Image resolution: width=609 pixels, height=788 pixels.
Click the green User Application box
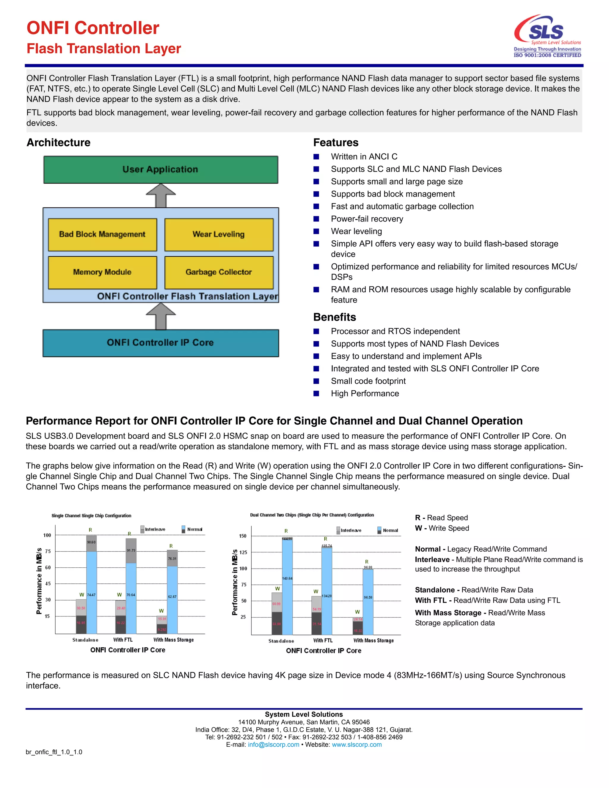[161, 169]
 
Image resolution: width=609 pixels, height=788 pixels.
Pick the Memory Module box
[103, 272]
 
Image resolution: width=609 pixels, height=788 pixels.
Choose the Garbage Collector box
[219, 272]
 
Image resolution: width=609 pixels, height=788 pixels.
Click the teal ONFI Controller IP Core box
[161, 343]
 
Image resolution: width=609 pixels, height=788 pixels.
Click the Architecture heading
[59, 142]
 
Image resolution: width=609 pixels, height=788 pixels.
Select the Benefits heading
[335, 317]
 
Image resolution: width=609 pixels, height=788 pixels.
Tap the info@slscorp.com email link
[274, 744]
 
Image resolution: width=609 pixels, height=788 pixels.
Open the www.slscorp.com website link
[357, 744]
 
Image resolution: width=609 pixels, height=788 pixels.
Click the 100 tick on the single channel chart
[47, 535]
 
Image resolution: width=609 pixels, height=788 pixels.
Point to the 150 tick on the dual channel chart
[243, 536]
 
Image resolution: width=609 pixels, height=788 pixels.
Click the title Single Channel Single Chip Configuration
[91, 516]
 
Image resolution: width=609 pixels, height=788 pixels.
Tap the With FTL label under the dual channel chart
[323, 641]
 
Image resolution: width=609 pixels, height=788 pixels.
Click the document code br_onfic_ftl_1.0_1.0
[54, 752]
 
